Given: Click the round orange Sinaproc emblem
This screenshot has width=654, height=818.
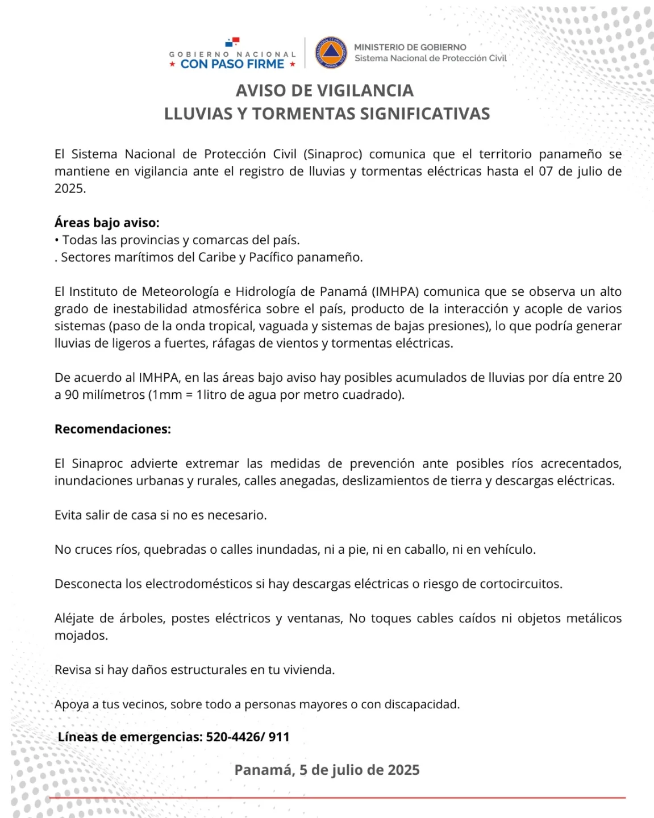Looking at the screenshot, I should [331, 53].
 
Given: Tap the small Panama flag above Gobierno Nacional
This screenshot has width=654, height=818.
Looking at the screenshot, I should [232, 42].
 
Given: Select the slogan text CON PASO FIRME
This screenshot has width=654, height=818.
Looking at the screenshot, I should [232, 64].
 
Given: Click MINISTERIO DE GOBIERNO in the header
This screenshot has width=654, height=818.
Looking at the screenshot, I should [410, 47].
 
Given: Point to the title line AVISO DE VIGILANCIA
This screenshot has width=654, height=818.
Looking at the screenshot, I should [325, 91].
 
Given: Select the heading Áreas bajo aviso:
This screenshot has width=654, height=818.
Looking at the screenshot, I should [107, 223].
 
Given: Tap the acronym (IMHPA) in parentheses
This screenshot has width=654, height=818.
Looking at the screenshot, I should [395, 291].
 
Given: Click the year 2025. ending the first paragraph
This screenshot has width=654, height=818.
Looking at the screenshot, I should [70, 189].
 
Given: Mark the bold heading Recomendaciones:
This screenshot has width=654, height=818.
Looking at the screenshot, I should [113, 429].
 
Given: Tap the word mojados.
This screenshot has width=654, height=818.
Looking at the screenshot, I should [81, 636].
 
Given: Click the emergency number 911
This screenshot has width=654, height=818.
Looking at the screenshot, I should [279, 737].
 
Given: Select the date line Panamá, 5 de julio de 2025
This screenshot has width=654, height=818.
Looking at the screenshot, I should [327, 770].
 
